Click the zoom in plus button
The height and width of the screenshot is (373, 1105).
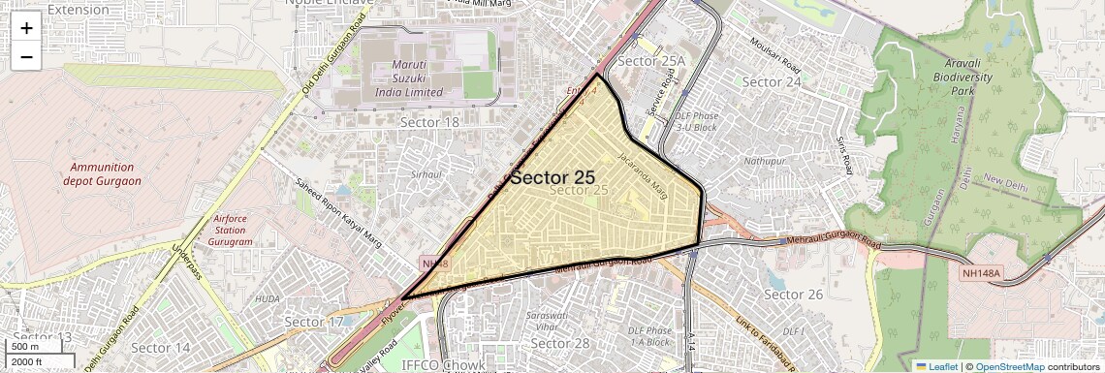[26, 28]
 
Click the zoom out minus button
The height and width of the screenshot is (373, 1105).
[26, 57]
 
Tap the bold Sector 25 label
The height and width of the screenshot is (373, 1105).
[552, 177]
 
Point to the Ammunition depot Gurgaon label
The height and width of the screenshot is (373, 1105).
[102, 173]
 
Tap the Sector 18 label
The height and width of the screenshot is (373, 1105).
[429, 122]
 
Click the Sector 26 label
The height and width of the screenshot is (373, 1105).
[793, 294]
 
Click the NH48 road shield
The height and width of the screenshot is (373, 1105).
[433, 264]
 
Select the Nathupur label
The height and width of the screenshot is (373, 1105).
[766, 160]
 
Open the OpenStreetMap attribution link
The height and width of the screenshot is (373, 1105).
[1010, 366]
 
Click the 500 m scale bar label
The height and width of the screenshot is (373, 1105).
[25, 347]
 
